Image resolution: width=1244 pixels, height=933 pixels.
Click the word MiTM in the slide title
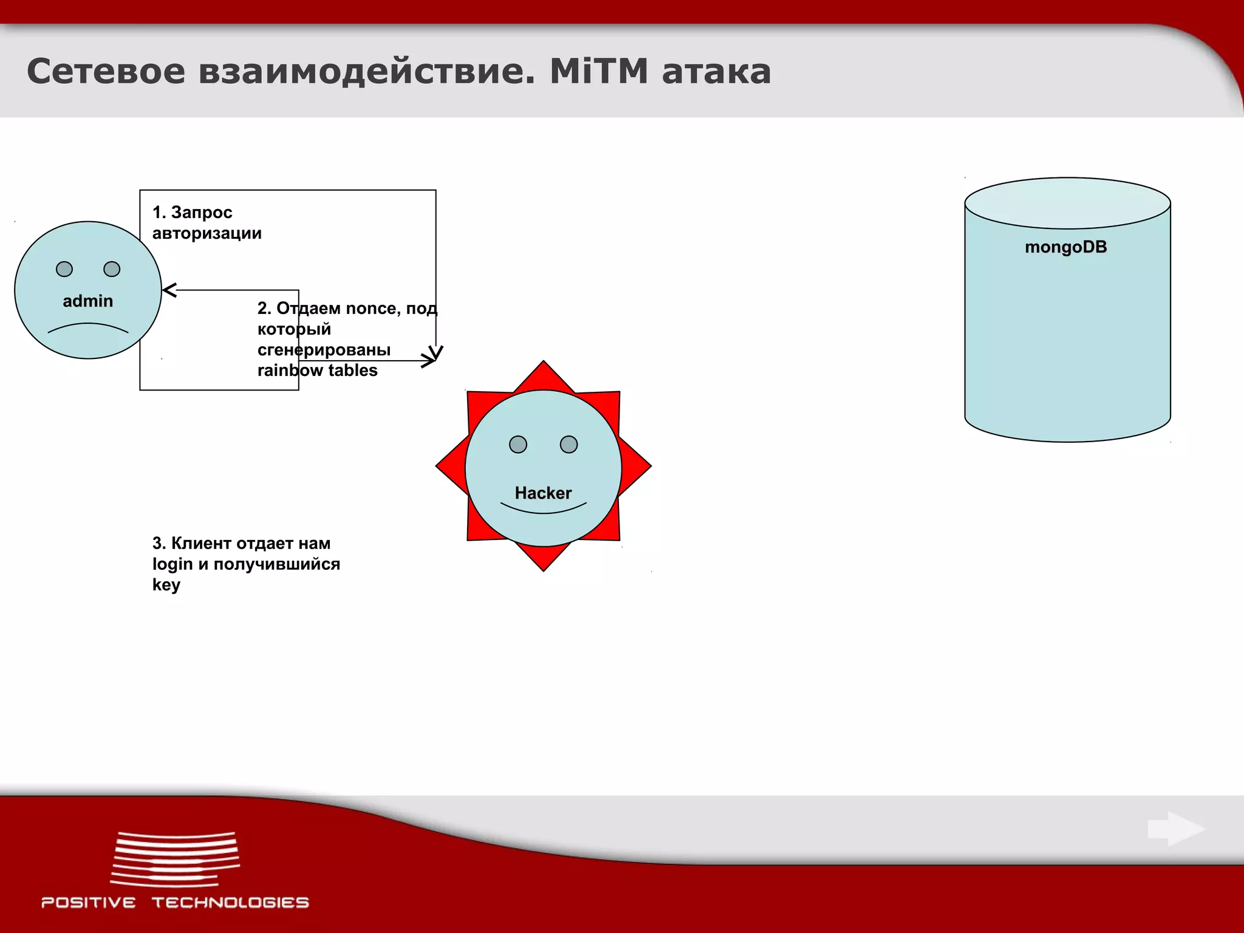pos(598,71)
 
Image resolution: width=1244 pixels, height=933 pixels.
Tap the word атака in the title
pos(716,72)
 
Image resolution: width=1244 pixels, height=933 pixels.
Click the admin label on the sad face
pos(88,301)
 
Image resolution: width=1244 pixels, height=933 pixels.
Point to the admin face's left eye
pos(64,269)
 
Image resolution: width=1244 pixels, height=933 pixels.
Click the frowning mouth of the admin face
pos(88,327)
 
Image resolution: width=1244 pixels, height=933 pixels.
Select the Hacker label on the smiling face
pos(543,493)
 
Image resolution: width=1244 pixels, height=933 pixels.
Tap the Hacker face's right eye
pos(569,445)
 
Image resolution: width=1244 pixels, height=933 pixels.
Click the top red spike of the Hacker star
pos(544,374)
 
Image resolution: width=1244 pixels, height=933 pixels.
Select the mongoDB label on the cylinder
pos(1065,247)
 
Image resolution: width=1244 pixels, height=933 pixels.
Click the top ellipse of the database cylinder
pos(1067,203)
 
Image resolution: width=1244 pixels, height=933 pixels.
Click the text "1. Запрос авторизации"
pos(207,223)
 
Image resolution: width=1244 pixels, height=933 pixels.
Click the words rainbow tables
pos(317,371)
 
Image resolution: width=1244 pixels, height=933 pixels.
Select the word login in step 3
pos(173,564)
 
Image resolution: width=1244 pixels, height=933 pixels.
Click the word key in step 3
pos(166,585)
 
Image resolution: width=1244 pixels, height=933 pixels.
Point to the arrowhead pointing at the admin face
pos(169,290)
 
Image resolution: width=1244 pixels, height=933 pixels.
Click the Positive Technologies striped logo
pos(175,859)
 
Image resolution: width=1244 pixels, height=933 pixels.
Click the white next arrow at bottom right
pos(1176,829)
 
